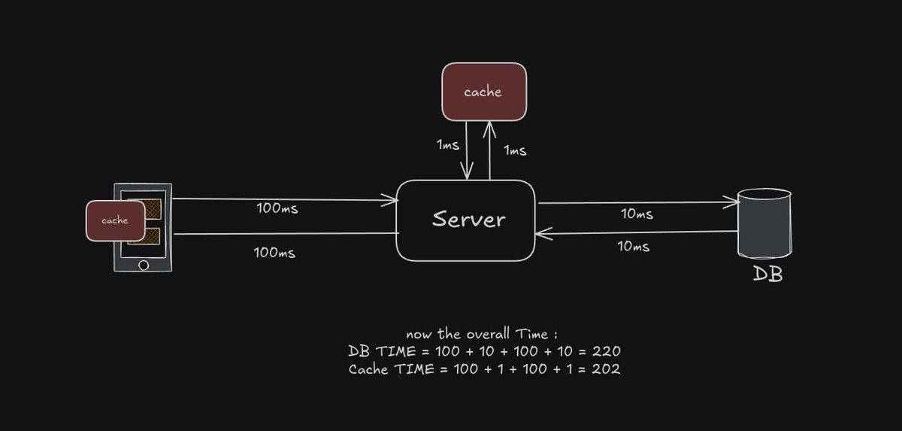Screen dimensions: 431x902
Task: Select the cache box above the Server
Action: click(483, 92)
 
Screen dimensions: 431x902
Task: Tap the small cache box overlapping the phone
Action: click(114, 220)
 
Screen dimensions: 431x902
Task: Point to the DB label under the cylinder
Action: click(767, 275)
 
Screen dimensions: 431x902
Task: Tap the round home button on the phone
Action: click(143, 265)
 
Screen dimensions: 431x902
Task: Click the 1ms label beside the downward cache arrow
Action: click(448, 144)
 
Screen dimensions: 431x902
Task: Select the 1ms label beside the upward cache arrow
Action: click(514, 150)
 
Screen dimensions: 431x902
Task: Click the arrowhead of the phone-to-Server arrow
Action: click(392, 200)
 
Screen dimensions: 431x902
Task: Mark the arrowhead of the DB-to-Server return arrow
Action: click(541, 234)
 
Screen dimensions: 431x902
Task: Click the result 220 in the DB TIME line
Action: click(606, 351)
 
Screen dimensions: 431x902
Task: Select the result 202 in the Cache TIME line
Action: click(606, 369)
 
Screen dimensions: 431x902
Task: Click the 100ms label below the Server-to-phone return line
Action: click(275, 253)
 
